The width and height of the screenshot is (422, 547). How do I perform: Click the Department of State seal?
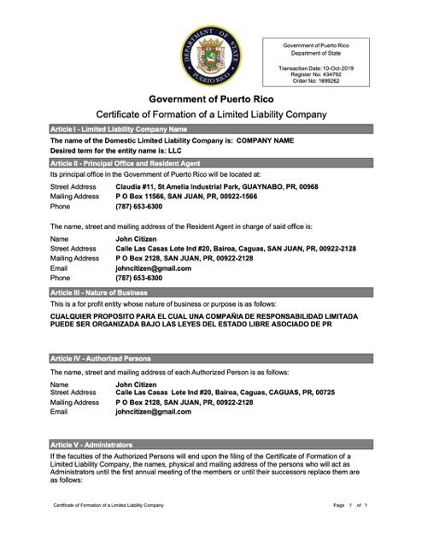(210, 52)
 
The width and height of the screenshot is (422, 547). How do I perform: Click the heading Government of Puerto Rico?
(210, 99)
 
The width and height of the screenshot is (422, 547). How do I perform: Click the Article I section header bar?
(210, 127)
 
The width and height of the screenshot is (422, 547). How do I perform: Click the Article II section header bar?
(210, 161)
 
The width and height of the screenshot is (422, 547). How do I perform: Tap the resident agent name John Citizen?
(136, 238)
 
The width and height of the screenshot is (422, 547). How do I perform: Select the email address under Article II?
(153, 268)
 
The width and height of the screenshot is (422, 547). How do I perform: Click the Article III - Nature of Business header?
(210, 291)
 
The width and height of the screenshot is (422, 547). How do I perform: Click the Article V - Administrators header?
(210, 445)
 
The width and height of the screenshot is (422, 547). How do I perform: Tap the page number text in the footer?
(349, 530)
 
